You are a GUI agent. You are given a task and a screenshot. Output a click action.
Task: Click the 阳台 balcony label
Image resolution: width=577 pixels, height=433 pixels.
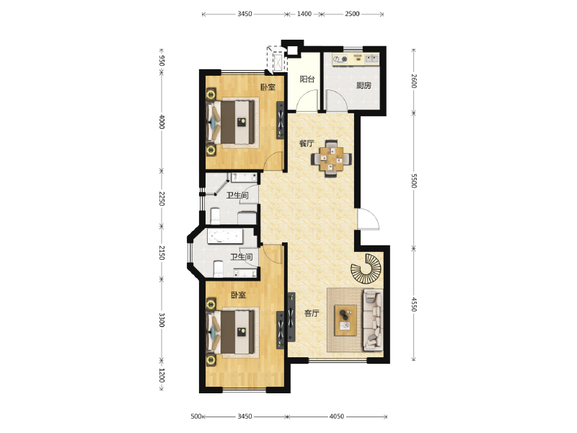(x=307, y=79)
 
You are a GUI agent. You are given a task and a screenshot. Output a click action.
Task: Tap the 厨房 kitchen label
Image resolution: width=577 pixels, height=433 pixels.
(x=364, y=86)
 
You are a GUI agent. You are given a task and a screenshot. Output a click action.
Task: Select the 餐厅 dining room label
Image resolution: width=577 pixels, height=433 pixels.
(x=307, y=144)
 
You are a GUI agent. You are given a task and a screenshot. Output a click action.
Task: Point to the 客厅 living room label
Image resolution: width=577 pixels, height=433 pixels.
(x=312, y=313)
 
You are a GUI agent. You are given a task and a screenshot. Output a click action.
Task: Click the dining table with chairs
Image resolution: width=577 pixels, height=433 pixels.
(x=331, y=159)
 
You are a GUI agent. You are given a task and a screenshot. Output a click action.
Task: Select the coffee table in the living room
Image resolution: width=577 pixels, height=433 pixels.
(x=345, y=320)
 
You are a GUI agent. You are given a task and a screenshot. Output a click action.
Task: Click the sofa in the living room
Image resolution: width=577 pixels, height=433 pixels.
(x=373, y=320)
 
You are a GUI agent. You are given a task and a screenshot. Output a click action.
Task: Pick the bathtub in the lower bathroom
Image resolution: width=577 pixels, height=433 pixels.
(x=225, y=236)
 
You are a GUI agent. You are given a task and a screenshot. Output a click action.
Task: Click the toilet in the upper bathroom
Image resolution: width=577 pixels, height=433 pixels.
(x=215, y=216)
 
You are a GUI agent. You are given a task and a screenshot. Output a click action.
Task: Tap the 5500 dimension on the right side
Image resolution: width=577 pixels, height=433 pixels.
(x=413, y=181)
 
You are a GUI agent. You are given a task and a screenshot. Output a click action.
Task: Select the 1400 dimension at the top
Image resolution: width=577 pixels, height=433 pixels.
(x=304, y=14)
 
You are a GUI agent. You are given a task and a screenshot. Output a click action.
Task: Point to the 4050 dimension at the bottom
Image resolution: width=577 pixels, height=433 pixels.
(x=336, y=416)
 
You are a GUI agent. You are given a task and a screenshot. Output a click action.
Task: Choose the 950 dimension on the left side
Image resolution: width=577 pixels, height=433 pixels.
(x=161, y=61)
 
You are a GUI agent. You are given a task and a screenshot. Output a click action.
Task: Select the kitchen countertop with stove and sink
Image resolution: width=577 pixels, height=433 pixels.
(x=356, y=59)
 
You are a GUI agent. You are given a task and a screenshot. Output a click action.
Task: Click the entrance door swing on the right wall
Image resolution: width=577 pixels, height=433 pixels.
(x=369, y=219)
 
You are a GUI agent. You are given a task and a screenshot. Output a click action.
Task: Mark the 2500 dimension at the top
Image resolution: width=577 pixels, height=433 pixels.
(x=352, y=14)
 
